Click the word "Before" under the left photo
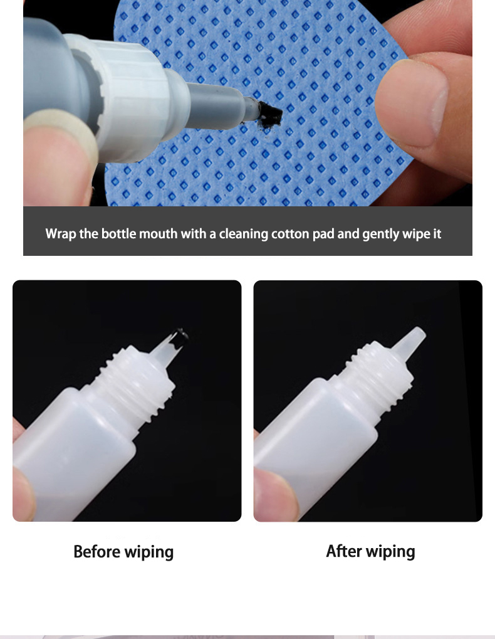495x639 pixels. [97, 551]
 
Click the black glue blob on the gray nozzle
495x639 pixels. [271, 111]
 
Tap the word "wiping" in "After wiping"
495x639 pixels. [390, 551]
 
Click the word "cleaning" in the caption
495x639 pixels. [243, 234]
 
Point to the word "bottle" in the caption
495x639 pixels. [118, 234]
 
